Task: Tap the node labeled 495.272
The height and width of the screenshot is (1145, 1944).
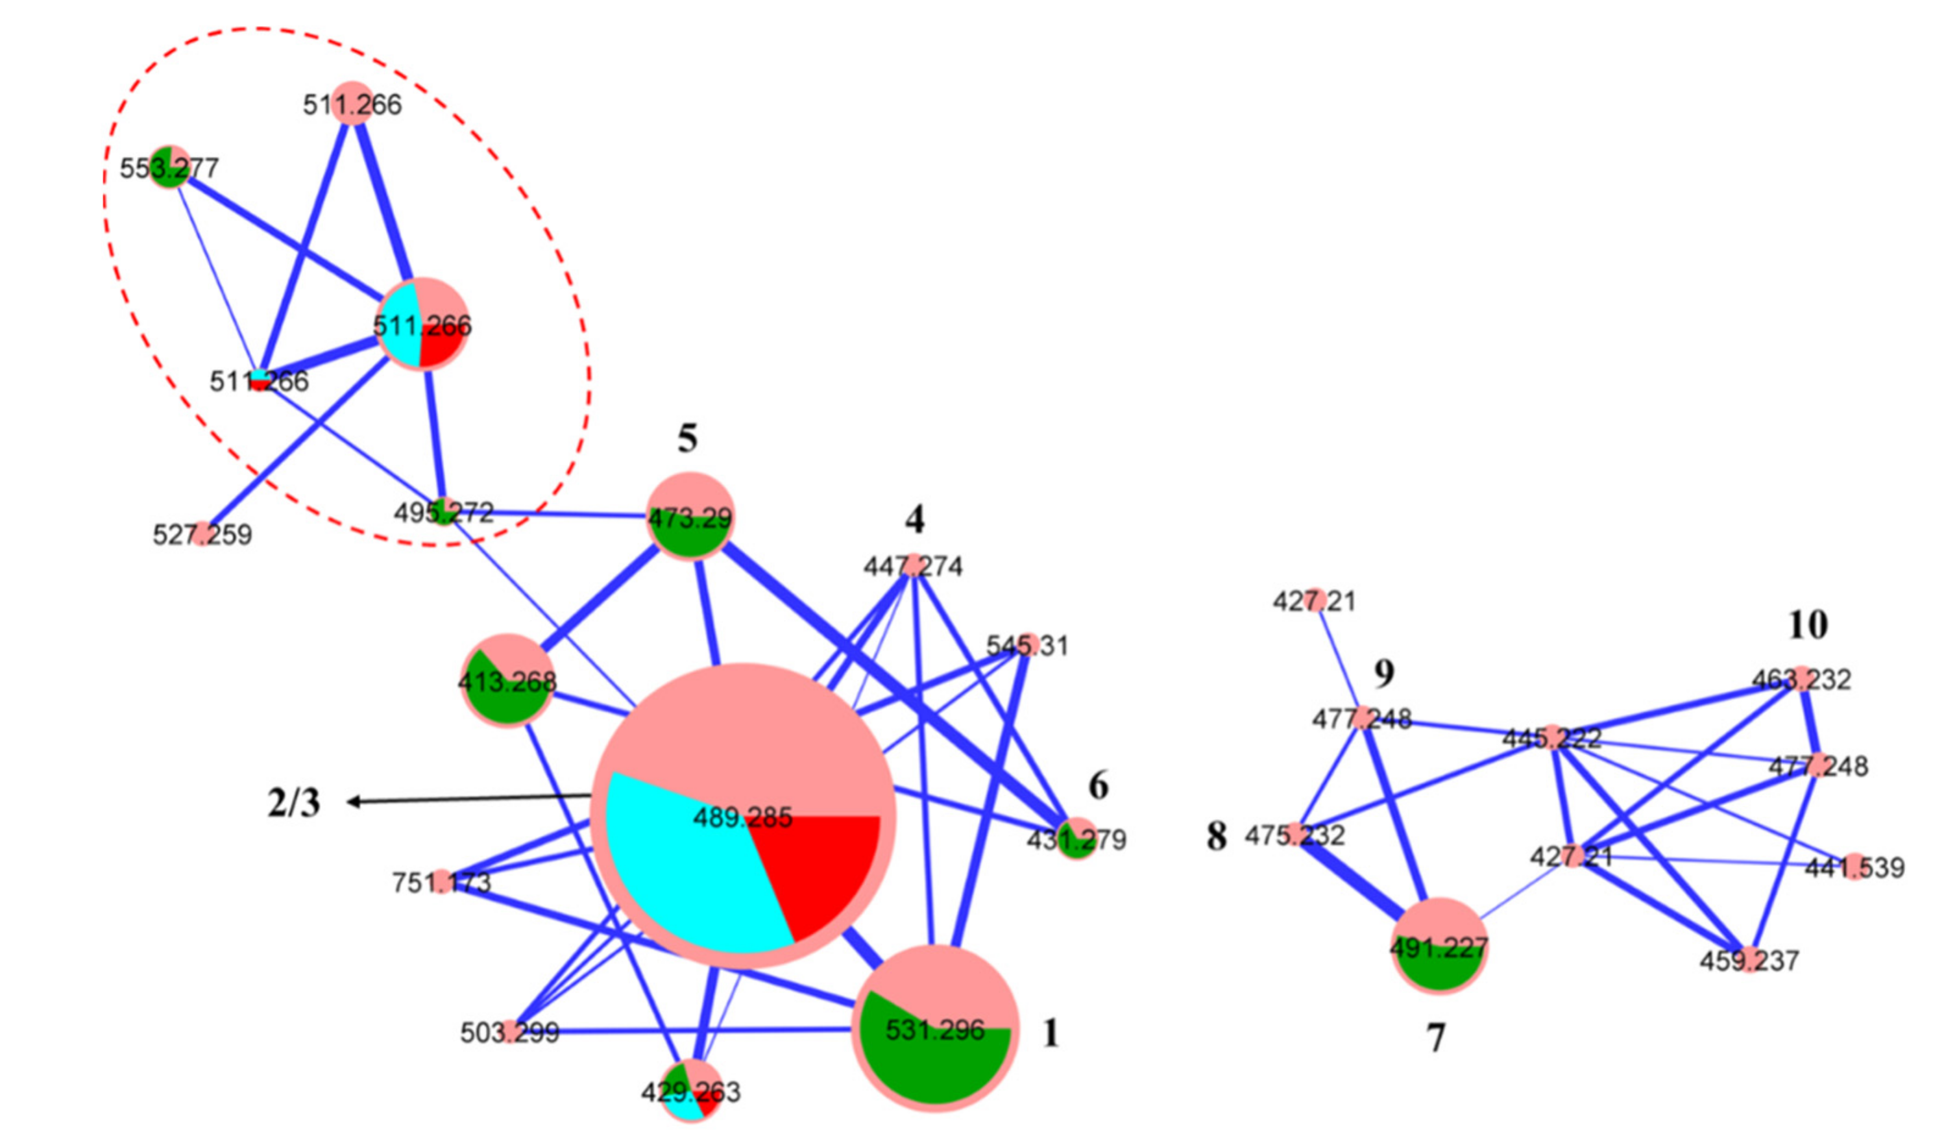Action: coord(444,511)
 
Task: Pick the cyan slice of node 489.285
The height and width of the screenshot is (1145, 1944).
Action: coord(686,872)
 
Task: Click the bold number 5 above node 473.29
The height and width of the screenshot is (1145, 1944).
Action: coord(687,438)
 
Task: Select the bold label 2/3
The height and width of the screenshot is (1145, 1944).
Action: coord(294,803)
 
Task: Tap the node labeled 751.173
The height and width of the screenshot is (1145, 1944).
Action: coord(442,881)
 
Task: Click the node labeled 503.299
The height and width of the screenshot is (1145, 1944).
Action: coord(510,1031)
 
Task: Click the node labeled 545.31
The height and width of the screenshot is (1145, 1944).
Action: coord(1027,645)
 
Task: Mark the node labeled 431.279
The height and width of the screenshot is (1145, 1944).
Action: coord(1077,839)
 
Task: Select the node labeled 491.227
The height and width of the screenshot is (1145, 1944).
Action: coord(1439,947)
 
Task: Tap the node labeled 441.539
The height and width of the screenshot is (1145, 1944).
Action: coord(1854,868)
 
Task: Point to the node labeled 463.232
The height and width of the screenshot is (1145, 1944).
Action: coord(1801,679)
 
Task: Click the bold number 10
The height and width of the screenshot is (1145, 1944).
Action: coord(1808,625)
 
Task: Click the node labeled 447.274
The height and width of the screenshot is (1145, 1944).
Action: coord(914,565)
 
